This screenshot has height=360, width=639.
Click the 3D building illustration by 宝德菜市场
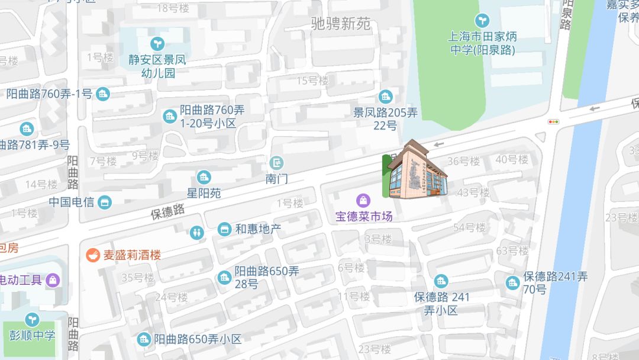tap(415, 170)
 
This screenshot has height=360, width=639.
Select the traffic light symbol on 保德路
tap(554, 121)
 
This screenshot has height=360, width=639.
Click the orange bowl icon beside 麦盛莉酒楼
tap(93, 255)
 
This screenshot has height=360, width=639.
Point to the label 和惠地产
tap(258, 229)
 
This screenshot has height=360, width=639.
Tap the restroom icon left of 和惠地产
tap(197, 232)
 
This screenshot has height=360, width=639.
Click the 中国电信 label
tap(72, 202)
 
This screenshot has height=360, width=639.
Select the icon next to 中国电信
tap(105, 202)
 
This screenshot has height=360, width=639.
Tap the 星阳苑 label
tap(204, 193)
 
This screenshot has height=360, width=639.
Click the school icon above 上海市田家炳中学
tap(483, 21)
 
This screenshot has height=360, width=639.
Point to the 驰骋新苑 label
tap(341, 24)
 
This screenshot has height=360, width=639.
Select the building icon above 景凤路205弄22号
tap(386, 97)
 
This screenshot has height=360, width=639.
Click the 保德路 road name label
tap(167, 211)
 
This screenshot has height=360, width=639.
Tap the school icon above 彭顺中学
tap(31, 320)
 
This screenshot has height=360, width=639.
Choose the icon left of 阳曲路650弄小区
tap(144, 339)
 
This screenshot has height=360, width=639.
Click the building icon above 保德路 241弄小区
tap(441, 281)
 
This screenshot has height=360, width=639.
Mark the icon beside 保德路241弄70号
tap(512, 282)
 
